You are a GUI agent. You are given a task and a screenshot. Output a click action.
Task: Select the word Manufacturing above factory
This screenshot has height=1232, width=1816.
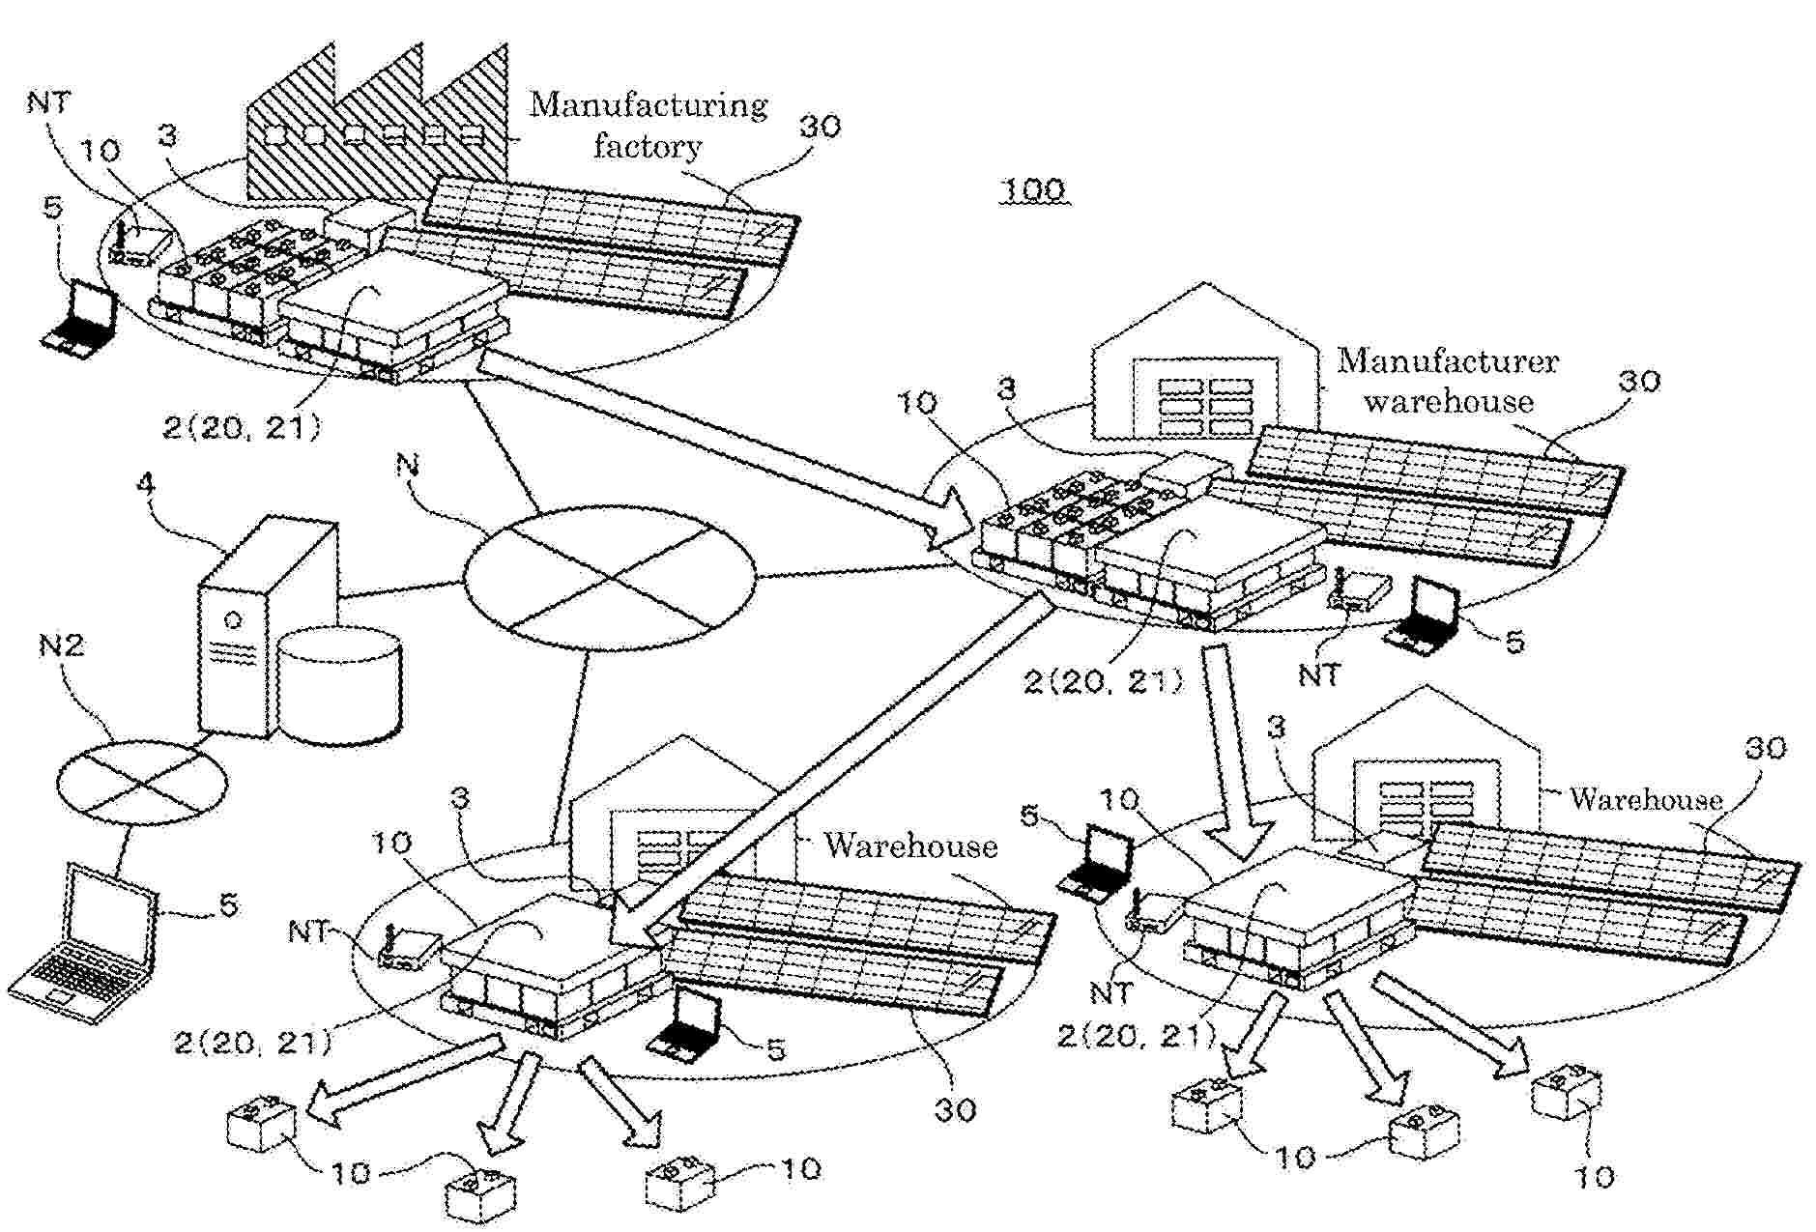coord(648,103)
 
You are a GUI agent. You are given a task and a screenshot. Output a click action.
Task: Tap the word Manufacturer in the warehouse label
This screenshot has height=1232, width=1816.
coord(1447,361)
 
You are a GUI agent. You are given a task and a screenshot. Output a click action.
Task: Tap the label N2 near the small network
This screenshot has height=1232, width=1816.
coord(61,645)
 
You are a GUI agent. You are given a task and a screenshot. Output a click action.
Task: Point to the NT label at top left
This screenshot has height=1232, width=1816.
coord(48,101)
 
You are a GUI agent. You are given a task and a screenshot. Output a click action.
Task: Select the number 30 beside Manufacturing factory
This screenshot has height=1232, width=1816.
coord(820,126)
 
